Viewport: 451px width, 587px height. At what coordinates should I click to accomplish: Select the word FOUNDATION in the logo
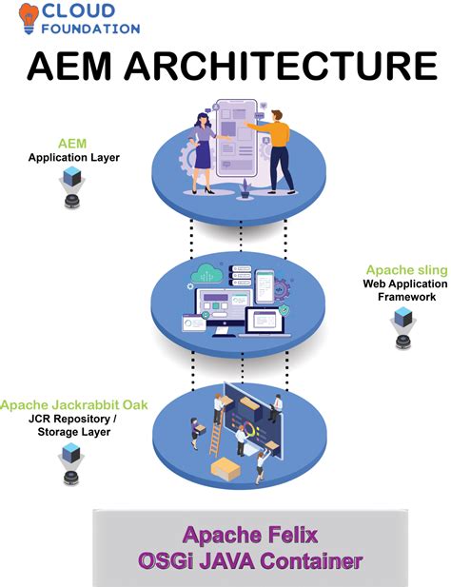point(91,30)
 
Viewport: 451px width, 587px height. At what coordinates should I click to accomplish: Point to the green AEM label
point(71,141)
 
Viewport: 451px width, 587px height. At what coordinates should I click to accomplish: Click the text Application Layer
point(73,157)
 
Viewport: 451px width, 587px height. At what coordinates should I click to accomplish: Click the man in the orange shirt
point(276,148)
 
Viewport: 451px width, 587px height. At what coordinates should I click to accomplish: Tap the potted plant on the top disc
point(245,188)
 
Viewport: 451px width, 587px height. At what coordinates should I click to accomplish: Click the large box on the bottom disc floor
point(226,466)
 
